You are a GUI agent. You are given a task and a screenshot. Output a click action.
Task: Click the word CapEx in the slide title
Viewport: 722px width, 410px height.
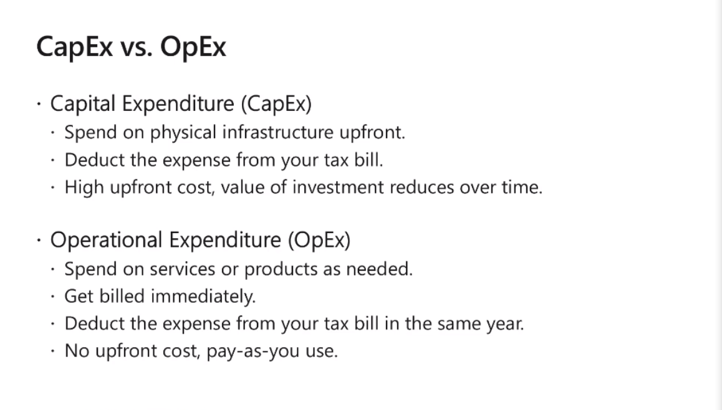[x=75, y=47]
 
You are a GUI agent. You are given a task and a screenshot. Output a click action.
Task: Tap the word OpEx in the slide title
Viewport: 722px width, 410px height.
[x=193, y=47]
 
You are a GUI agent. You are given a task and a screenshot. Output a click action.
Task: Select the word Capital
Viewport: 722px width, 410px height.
[x=83, y=104]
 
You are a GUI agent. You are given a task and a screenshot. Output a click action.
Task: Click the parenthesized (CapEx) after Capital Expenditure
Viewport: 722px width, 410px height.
[x=276, y=104]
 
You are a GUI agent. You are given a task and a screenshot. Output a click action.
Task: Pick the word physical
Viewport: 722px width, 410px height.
[x=183, y=133]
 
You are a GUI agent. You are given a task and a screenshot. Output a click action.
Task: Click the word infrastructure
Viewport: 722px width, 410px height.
[x=277, y=132]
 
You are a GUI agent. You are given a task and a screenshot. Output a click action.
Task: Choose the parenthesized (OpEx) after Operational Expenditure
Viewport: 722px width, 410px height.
[x=319, y=240]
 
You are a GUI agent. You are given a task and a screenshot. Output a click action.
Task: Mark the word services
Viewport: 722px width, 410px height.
[x=182, y=269]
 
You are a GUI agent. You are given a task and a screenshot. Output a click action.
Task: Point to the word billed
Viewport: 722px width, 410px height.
[x=122, y=296]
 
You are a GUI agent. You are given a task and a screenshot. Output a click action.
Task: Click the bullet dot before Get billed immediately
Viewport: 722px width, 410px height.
[x=53, y=297]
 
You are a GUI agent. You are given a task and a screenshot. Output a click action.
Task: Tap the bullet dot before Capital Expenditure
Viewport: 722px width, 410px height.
[x=39, y=103]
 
